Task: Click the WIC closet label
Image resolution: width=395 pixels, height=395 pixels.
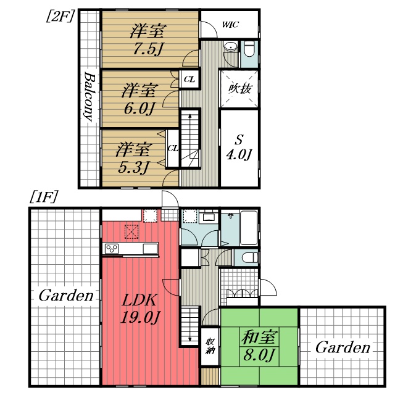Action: (x=230, y=25)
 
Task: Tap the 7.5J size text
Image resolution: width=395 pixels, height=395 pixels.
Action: (x=148, y=49)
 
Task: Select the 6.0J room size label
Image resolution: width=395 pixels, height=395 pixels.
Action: (x=139, y=109)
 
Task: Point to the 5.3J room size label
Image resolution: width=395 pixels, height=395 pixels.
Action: (x=133, y=167)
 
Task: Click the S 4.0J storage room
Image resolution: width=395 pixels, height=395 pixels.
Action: (x=239, y=149)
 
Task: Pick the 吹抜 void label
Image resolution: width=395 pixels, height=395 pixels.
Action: (x=239, y=89)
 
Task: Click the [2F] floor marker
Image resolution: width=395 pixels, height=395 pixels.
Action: (x=60, y=16)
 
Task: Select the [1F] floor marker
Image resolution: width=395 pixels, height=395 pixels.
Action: (x=44, y=196)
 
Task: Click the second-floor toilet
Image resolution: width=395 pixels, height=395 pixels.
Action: (x=249, y=49)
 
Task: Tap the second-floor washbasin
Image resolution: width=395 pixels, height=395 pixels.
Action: (x=230, y=47)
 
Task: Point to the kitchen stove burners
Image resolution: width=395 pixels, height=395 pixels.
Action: (x=112, y=249)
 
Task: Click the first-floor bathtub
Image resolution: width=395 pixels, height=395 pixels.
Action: (x=249, y=228)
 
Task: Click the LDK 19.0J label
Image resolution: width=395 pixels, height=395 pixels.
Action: (x=140, y=309)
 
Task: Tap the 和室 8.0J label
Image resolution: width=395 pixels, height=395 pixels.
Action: (x=259, y=346)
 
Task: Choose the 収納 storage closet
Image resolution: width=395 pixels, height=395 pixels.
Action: (x=210, y=346)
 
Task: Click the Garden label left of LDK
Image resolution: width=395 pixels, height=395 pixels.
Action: (x=66, y=295)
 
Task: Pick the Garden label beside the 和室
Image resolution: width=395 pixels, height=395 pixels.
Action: (x=343, y=347)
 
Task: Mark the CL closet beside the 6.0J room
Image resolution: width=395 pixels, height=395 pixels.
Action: (x=189, y=80)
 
